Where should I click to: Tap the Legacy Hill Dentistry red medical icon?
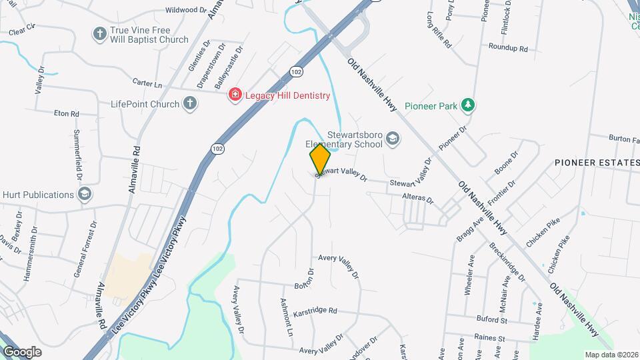(x=235, y=95)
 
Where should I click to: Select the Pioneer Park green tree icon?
(x=469, y=105)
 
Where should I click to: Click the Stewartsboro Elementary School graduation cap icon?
(x=393, y=139)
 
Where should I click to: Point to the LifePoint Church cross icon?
(x=190, y=103)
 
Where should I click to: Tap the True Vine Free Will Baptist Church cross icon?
(x=100, y=34)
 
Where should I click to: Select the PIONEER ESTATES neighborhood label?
(x=596, y=163)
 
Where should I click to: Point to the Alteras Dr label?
(x=418, y=199)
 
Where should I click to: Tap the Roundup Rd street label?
(x=507, y=48)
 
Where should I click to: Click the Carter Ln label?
(x=147, y=85)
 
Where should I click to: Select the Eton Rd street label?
(x=66, y=114)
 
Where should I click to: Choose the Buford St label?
(x=492, y=320)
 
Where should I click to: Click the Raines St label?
(x=490, y=338)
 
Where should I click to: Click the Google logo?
(x=22, y=351)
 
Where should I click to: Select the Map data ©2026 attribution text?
(x=610, y=355)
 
